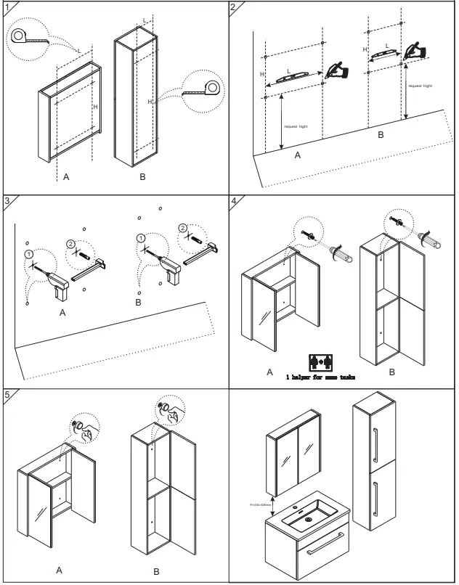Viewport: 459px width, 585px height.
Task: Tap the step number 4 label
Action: pyautogui.click(x=234, y=201)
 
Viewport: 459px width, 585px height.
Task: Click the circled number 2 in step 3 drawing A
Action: pyautogui.click(x=70, y=244)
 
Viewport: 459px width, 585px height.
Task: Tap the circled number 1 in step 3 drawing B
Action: pyautogui.click(x=139, y=238)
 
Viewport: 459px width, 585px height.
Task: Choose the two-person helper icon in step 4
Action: pyautogui.click(x=320, y=361)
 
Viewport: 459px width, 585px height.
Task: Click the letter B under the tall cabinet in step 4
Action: pyautogui.click(x=391, y=372)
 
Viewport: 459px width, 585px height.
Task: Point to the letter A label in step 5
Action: pyautogui.click(x=59, y=570)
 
